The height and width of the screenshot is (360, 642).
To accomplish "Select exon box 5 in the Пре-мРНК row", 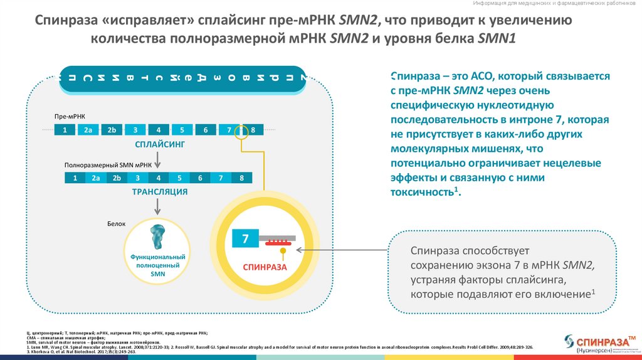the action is [x=182, y=130].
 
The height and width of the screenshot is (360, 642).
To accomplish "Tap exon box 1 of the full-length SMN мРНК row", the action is [x=75, y=178].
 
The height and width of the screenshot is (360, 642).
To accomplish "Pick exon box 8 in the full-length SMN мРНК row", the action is [x=241, y=178].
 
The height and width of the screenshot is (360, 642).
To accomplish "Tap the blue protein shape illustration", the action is [x=157, y=235].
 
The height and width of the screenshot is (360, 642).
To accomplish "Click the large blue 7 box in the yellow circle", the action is [x=246, y=239].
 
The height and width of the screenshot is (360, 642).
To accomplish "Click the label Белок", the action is [x=117, y=224].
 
